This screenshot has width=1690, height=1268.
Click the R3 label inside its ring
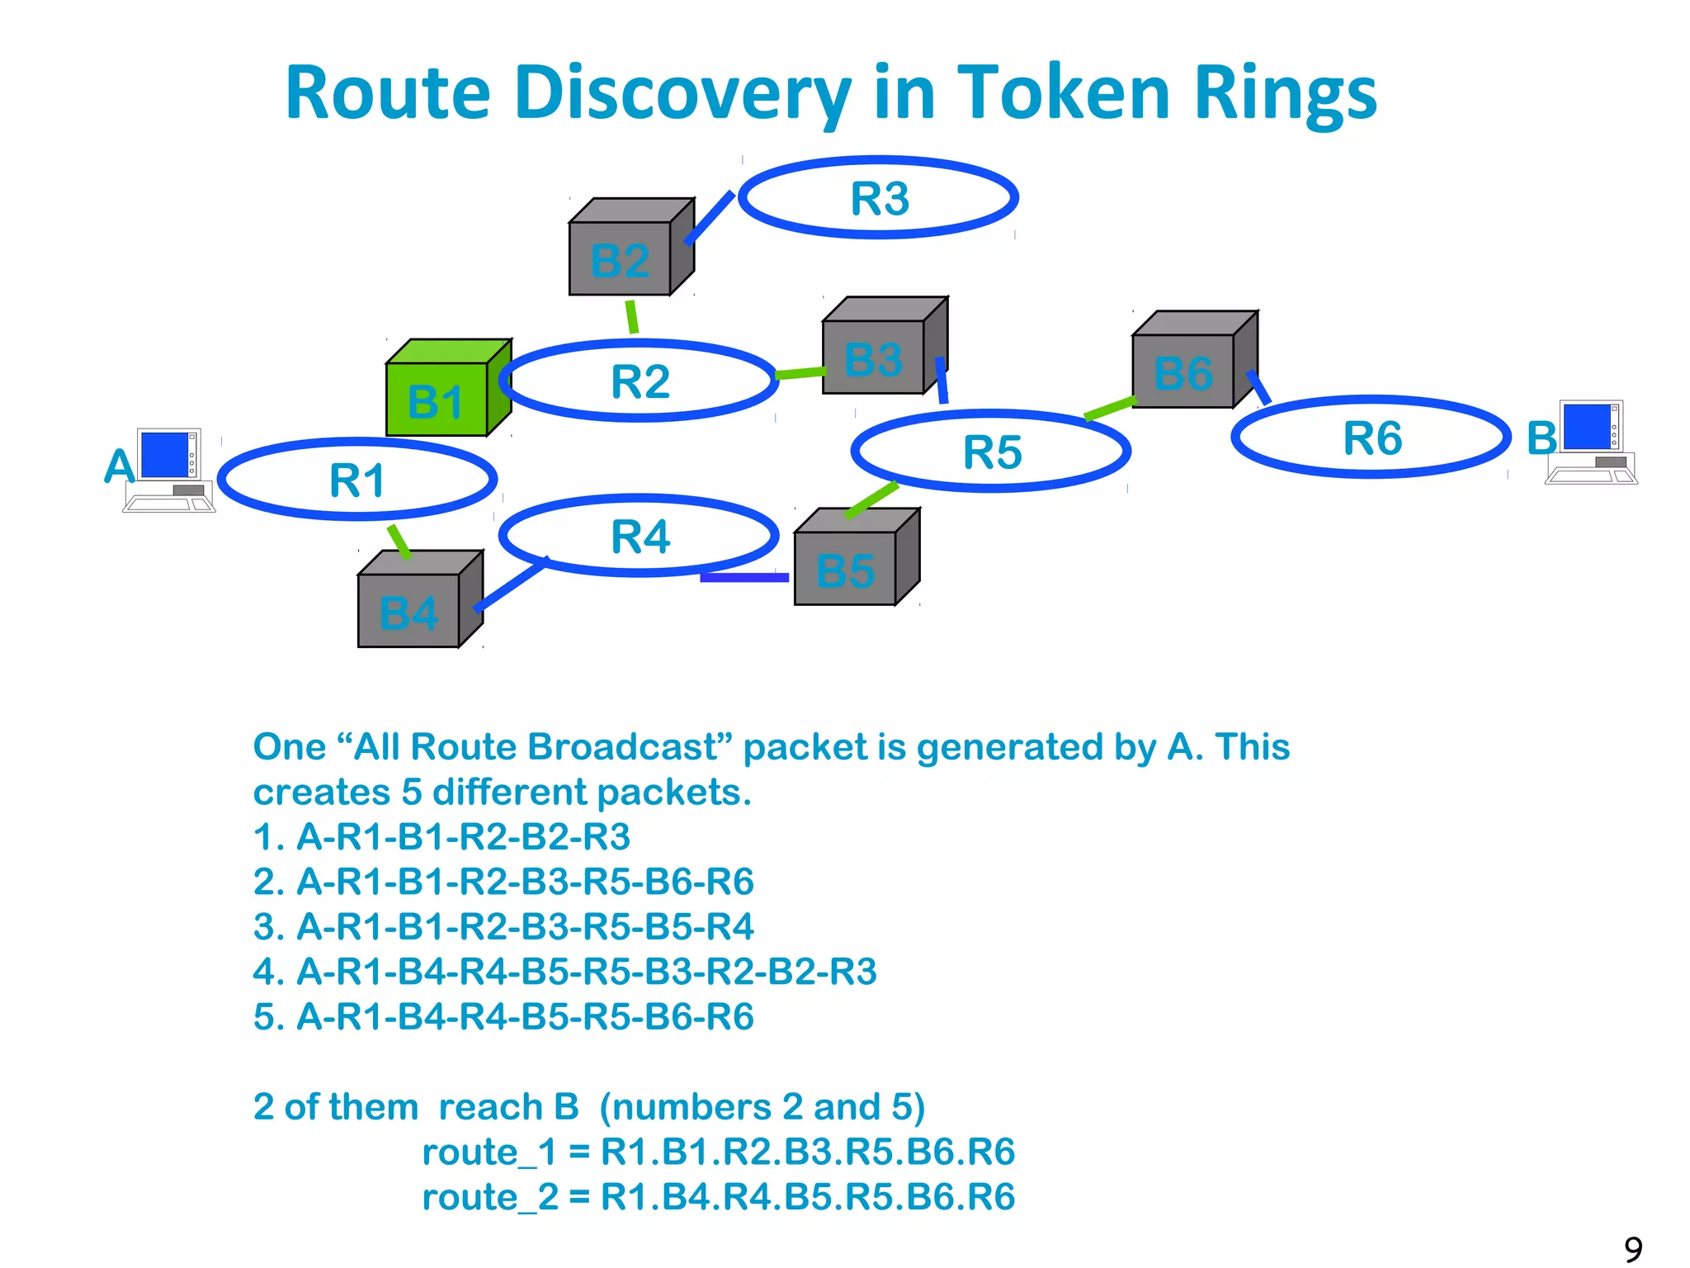pos(880,199)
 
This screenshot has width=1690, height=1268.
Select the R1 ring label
pos(357,480)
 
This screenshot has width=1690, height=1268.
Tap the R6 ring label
pos(1372,438)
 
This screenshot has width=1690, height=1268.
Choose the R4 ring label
pos(640,537)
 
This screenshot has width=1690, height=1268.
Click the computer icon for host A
pos(169,470)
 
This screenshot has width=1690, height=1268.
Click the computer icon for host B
pos(1591,442)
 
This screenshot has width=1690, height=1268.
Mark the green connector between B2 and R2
pos(632,317)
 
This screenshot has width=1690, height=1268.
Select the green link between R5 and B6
pos(1111,408)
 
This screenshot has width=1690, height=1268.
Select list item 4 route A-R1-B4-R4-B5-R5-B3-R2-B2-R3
pos(564,972)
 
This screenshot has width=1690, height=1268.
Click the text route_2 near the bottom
pos(490,1197)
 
